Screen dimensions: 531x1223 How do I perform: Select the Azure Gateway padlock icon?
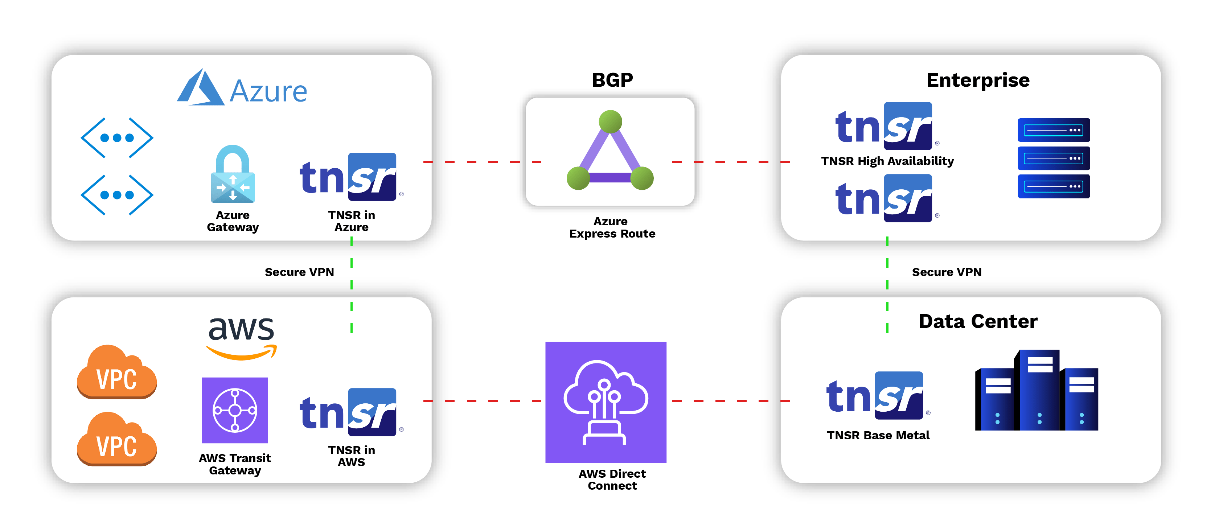pyautogui.click(x=233, y=174)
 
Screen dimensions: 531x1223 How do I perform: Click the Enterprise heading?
pyautogui.click(x=978, y=80)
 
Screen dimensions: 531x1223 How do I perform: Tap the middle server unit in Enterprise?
pyautogui.click(x=1054, y=158)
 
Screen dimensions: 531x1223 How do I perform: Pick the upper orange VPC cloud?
pyautogui.click(x=117, y=372)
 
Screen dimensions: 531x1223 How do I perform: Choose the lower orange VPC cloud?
pyautogui.click(x=117, y=440)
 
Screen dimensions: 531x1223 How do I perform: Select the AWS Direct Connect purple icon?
pyautogui.click(x=606, y=402)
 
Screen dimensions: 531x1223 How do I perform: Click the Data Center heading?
pyautogui.click(x=978, y=321)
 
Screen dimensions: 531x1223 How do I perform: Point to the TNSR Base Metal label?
pyautogui.click(x=878, y=435)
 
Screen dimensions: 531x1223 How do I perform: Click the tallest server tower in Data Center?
pyautogui.click(x=1039, y=390)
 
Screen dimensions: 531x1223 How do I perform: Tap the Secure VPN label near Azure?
pyautogui.click(x=299, y=272)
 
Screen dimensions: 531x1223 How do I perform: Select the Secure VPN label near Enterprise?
pyautogui.click(x=946, y=272)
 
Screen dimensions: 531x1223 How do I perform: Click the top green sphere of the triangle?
pyautogui.click(x=611, y=122)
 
